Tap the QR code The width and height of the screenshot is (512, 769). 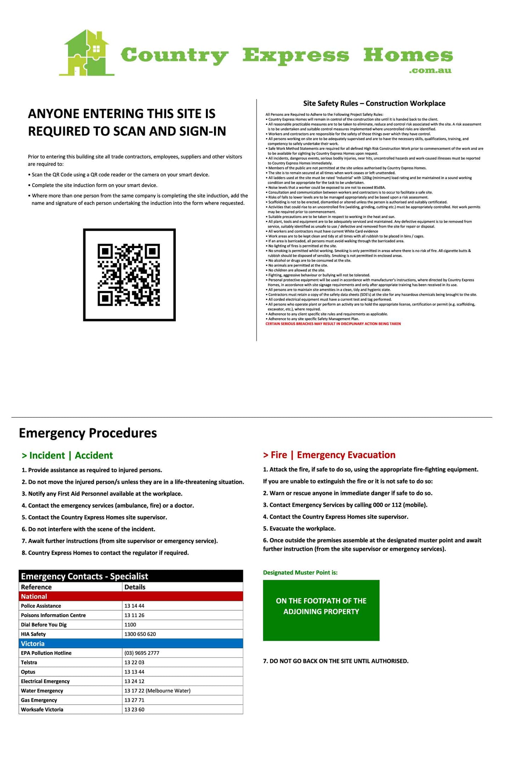[x=129, y=275]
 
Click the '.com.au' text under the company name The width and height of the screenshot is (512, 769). [x=430, y=71]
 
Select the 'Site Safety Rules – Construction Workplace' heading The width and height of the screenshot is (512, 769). [x=374, y=103]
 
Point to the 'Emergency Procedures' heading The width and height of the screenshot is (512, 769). [x=88, y=433]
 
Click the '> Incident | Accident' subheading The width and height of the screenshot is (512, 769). [x=67, y=455]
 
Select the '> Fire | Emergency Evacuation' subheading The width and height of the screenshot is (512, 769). [x=329, y=455]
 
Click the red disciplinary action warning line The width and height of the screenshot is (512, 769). [x=333, y=324]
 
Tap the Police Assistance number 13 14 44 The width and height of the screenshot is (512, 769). [x=134, y=606]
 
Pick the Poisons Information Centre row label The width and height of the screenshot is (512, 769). [x=53, y=615]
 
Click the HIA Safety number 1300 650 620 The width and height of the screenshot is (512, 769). [x=140, y=634]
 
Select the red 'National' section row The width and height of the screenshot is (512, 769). [x=131, y=597]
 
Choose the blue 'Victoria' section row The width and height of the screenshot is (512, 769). [x=131, y=643]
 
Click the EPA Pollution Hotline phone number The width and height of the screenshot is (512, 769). [x=142, y=653]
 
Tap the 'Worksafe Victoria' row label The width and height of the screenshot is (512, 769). [x=42, y=709]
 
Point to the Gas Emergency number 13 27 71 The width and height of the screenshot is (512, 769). [x=134, y=700]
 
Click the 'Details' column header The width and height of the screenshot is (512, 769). [x=135, y=587]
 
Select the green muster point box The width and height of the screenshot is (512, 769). [x=321, y=610]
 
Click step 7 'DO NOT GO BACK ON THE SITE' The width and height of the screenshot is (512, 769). [x=336, y=661]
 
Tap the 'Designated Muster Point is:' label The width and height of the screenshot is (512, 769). [x=300, y=572]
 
